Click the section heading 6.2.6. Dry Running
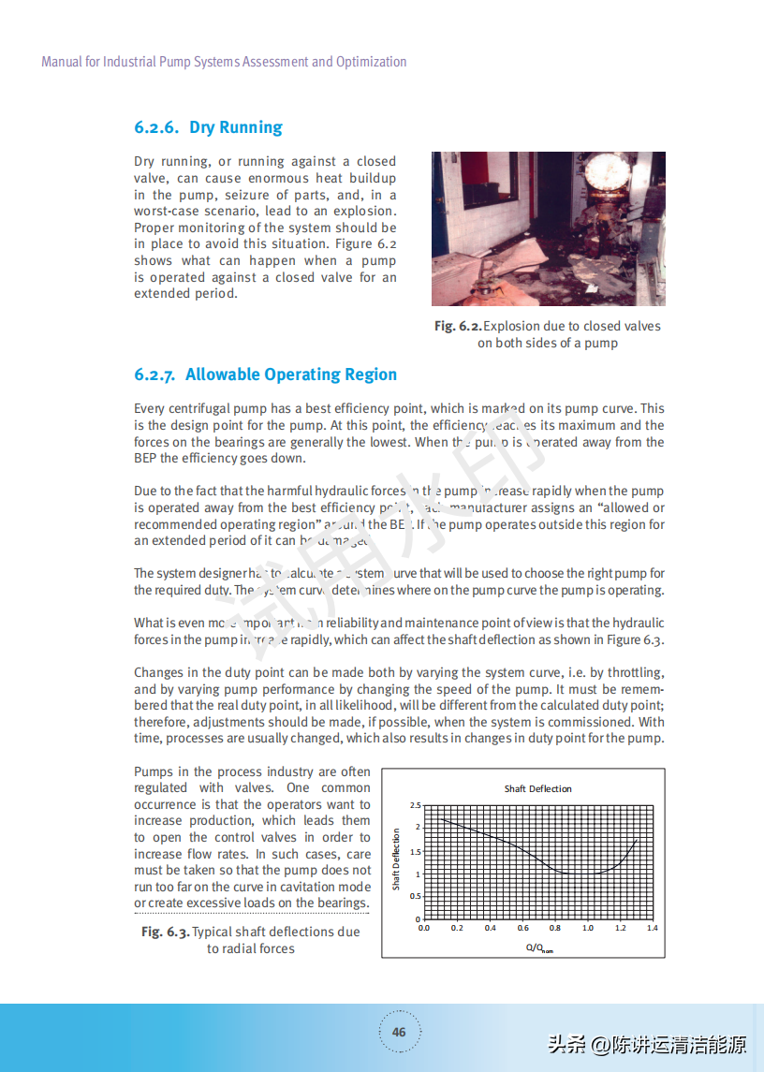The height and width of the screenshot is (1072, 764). [208, 127]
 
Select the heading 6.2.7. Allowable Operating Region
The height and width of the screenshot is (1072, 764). [265, 374]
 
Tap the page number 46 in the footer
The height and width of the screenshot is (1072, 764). [399, 1033]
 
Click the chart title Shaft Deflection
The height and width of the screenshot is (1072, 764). [537, 788]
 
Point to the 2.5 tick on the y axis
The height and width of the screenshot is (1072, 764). [416, 805]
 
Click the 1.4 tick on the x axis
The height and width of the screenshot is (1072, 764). [653, 928]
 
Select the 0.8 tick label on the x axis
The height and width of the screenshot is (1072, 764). [555, 928]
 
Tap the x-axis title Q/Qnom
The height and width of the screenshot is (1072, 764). [539, 947]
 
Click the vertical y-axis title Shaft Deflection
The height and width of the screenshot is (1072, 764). [396, 859]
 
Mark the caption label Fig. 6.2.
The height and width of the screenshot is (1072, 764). [458, 326]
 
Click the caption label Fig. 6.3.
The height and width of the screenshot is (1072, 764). [166, 932]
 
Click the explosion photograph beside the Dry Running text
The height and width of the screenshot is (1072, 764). [548, 228]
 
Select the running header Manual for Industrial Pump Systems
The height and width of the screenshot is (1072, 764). [224, 62]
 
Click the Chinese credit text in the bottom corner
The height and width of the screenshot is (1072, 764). [646, 1044]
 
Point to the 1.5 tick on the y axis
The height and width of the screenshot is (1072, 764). [416, 852]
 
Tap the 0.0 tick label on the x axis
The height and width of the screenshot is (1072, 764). [423, 928]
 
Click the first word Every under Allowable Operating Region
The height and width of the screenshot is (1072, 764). [149, 408]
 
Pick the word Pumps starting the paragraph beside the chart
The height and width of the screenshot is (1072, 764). [154, 771]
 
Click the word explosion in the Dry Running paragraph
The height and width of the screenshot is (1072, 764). [362, 211]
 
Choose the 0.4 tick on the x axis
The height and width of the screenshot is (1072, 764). [490, 928]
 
